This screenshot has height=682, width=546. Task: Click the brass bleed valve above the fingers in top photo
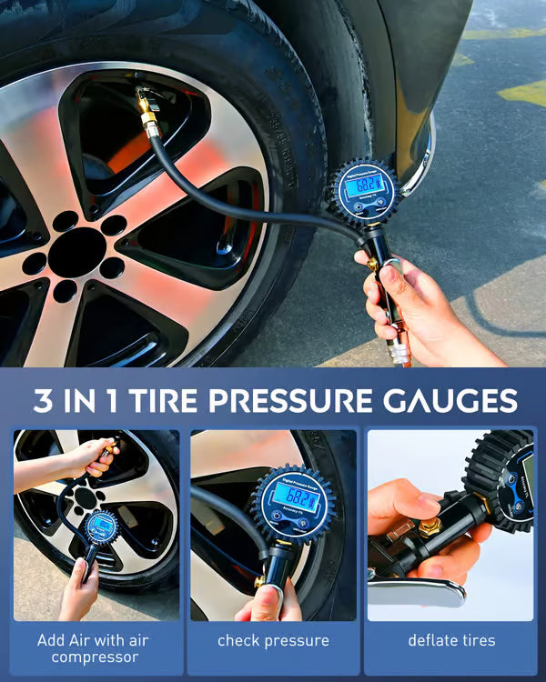374,263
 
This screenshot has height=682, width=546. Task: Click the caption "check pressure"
273,641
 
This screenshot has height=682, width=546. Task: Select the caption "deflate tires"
451,641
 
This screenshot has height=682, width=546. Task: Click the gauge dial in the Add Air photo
101,527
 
